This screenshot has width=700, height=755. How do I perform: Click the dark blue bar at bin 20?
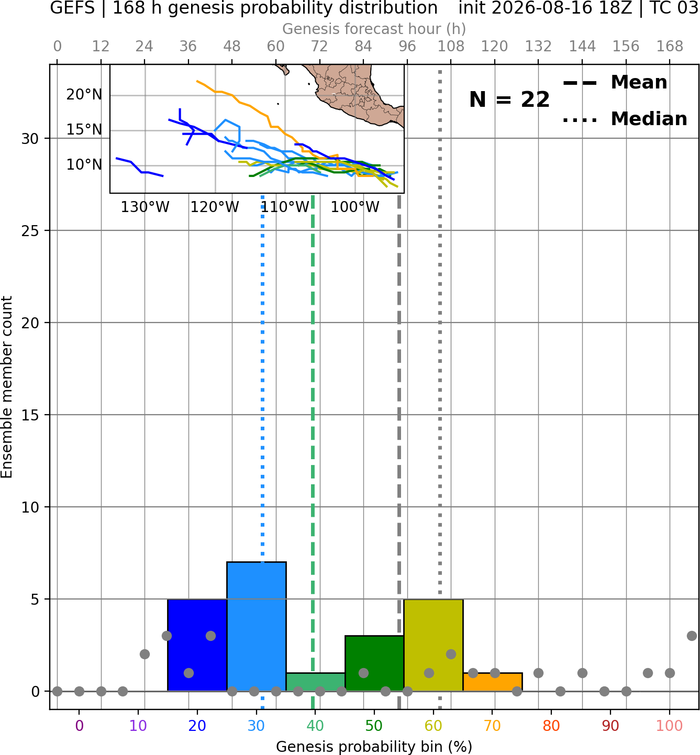(x=197, y=645)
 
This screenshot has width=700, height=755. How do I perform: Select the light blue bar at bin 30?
(x=256, y=627)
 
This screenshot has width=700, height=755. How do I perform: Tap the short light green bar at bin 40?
(x=316, y=682)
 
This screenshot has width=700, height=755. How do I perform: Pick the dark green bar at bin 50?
(x=374, y=663)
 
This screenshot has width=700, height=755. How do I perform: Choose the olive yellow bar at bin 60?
(x=434, y=645)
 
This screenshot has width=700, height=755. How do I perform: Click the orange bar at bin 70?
(x=493, y=682)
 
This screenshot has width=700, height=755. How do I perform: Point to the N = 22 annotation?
(x=509, y=99)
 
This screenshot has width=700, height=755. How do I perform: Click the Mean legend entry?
(x=615, y=82)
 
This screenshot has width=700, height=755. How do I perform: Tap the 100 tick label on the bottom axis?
(x=670, y=726)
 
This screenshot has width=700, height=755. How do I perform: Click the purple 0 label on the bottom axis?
(x=79, y=726)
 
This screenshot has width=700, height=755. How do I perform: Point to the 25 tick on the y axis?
(x=30, y=231)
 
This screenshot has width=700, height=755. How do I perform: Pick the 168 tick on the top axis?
(x=670, y=47)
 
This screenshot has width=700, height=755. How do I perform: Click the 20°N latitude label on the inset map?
(x=84, y=94)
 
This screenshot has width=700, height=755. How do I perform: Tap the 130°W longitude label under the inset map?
(x=145, y=207)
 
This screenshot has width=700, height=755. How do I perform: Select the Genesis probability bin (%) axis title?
(x=374, y=747)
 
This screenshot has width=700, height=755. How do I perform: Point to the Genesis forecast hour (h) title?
(x=374, y=29)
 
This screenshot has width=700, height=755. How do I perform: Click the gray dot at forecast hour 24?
(x=145, y=654)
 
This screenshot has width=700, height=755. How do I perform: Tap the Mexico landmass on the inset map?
(x=353, y=91)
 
